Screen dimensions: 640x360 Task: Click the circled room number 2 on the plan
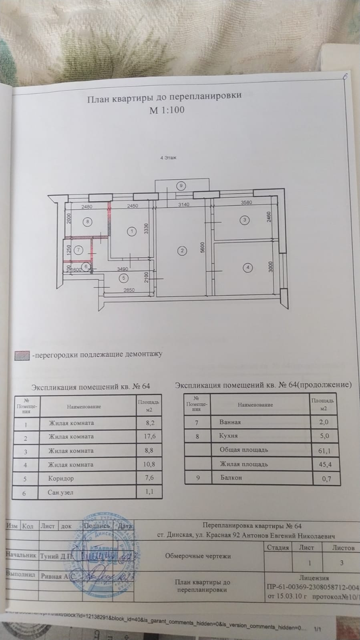pyautogui.click(x=182, y=251)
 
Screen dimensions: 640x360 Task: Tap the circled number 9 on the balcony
pyautogui.click(x=181, y=185)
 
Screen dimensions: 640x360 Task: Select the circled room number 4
pyautogui.click(x=248, y=267)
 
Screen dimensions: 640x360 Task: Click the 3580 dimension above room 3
pyautogui.click(x=246, y=203)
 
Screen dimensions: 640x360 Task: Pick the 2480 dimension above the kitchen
pyautogui.click(x=86, y=207)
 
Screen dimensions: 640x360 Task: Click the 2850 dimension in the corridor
pyautogui.click(x=129, y=290)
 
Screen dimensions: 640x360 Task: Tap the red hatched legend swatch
pyautogui.click(x=22, y=355)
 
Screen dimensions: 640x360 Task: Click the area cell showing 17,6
pyautogui.click(x=149, y=437)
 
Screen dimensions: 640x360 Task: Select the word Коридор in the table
pyautogui.click(x=61, y=478)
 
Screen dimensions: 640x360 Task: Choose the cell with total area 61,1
pyautogui.click(x=324, y=451)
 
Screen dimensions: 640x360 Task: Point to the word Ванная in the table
pyautogui.click(x=230, y=422)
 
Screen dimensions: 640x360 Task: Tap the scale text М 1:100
pyautogui.click(x=167, y=110)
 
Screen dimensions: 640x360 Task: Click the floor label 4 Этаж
pyautogui.click(x=168, y=158)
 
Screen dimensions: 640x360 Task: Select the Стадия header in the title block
pyautogui.click(x=278, y=548)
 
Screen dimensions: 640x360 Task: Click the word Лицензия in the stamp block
pyautogui.click(x=314, y=578)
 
